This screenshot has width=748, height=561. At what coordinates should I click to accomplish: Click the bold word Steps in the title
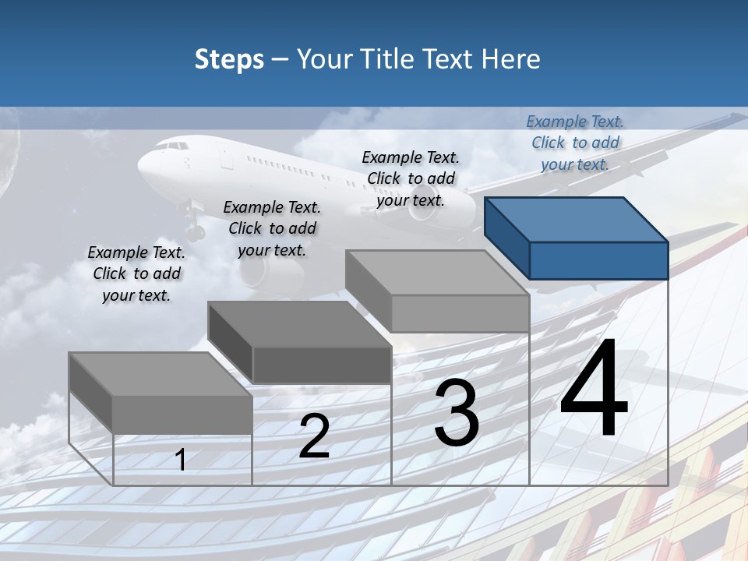229,59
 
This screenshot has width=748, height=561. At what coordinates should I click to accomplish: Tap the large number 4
594,390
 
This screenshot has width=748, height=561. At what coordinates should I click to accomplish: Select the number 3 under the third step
457,414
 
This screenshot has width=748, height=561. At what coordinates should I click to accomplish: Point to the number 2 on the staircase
315,437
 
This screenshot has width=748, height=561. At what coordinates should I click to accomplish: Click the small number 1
181,460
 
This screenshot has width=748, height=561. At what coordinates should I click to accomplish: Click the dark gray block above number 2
300,343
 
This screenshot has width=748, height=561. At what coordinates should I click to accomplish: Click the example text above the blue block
575,143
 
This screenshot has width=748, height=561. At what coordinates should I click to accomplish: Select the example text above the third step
411,178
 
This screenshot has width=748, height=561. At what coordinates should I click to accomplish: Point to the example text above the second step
272,228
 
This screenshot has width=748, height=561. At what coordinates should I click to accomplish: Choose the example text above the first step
136,273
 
